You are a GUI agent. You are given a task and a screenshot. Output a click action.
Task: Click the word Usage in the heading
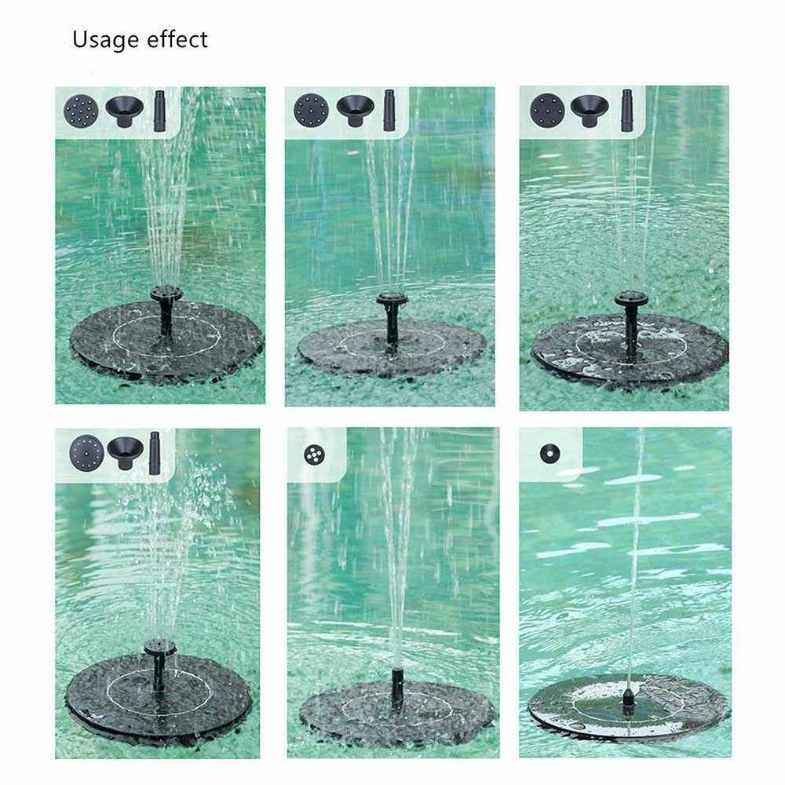point(106,40)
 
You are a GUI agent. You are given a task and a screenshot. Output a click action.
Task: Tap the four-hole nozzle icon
point(315,454)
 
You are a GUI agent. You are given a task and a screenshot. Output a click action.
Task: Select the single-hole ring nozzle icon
point(549,454)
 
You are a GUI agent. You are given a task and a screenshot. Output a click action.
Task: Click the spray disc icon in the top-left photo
point(81,111)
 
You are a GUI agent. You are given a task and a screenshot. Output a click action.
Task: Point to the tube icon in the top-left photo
point(159,111)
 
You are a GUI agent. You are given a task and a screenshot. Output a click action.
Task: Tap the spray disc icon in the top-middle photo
point(312,110)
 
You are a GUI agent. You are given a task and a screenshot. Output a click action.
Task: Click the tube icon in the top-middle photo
point(389,110)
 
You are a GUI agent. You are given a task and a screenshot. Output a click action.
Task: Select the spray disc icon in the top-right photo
point(547,110)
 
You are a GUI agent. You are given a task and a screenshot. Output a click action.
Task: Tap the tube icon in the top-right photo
point(626,111)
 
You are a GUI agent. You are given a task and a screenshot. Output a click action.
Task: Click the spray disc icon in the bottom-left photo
point(86,453)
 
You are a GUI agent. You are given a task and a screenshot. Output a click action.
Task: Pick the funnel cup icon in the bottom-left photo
point(125,453)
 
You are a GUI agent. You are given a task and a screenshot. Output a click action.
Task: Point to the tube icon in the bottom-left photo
point(154,453)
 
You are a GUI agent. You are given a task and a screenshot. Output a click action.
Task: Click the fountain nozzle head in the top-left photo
point(166,293)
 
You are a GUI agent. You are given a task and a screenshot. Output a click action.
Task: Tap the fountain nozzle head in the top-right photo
point(631,299)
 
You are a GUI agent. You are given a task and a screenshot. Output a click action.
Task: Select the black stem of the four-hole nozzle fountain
point(397,688)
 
